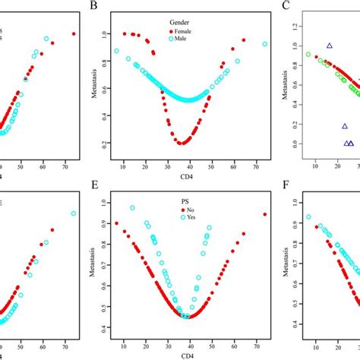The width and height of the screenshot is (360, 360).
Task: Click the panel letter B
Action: tap(94, 7)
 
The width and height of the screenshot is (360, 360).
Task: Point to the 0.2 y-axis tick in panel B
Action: tap(104, 142)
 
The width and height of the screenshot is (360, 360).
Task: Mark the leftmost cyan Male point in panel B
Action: tap(116, 51)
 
